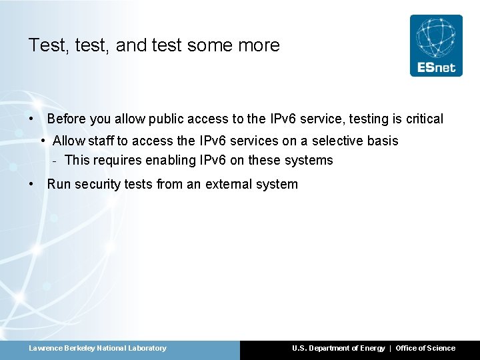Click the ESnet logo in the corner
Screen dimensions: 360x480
[x=435, y=45]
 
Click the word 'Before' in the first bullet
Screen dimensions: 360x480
[x=67, y=119]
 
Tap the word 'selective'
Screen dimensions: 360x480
[x=336, y=141]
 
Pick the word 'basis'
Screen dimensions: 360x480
[x=383, y=141]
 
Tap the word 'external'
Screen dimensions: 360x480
[x=231, y=184]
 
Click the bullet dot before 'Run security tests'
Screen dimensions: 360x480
[x=32, y=184]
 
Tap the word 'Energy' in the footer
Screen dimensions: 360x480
[x=372, y=348]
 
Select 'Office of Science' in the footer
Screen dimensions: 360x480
[x=425, y=348]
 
